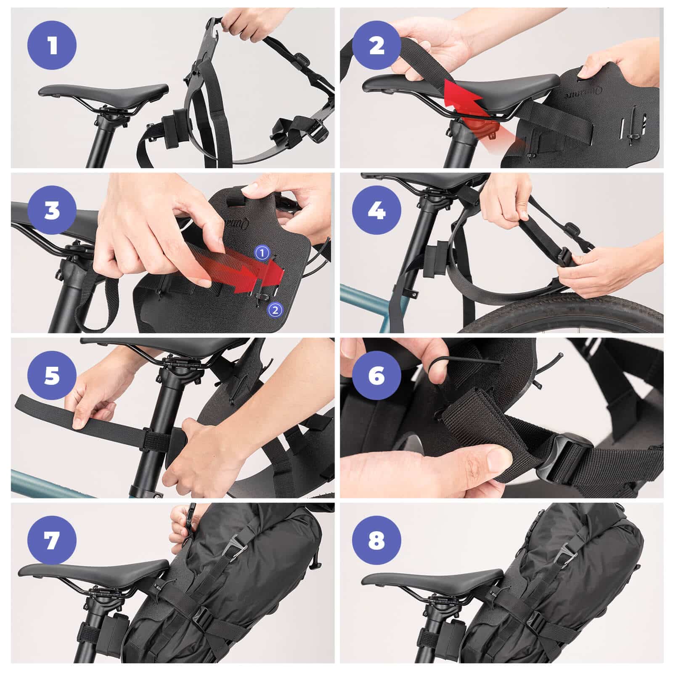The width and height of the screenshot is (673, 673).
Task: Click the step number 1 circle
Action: coord(52,45)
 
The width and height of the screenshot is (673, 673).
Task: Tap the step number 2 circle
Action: coord(377,45)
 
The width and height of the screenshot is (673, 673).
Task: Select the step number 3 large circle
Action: coord(52,210)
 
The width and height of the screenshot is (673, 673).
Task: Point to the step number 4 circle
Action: coord(377,210)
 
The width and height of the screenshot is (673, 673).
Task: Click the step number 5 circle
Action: coord(52,375)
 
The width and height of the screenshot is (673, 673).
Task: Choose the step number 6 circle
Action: coord(377,375)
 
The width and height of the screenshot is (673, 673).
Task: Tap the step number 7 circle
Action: coord(52,540)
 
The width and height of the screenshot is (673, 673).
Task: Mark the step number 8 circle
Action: coord(377,540)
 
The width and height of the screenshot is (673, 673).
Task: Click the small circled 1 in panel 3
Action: coord(262,253)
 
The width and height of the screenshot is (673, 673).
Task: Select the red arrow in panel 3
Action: coord(248,276)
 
